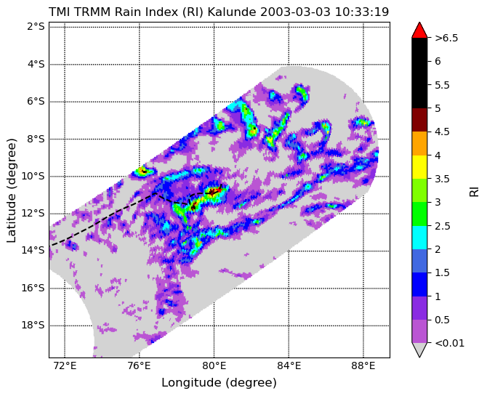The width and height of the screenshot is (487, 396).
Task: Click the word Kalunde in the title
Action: (232, 12)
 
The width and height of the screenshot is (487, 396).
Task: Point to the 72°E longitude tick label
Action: (65, 366)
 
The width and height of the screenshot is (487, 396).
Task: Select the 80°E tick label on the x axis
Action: (214, 366)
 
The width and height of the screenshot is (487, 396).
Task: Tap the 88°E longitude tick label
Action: (363, 366)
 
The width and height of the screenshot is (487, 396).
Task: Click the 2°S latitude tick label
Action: (36, 27)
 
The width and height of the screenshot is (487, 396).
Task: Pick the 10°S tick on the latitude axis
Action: (33, 176)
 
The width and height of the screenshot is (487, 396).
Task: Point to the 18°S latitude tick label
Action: (33, 326)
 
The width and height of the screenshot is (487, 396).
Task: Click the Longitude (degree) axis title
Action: (219, 383)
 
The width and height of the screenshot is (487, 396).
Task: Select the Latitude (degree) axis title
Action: (11, 190)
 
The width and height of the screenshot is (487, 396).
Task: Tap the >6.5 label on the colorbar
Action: (446, 38)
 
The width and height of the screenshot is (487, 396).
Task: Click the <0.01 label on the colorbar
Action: (449, 343)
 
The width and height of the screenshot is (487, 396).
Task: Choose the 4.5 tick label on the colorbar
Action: (442, 132)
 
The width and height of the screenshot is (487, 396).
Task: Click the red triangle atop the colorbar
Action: (419, 31)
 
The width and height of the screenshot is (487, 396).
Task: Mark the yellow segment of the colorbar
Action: (419, 167)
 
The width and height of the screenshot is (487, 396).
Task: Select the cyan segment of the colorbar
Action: (419, 238)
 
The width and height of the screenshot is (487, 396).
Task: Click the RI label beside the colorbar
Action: (474, 190)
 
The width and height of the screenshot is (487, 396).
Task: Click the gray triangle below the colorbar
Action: (419, 350)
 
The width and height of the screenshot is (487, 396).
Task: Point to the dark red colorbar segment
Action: (419, 120)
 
